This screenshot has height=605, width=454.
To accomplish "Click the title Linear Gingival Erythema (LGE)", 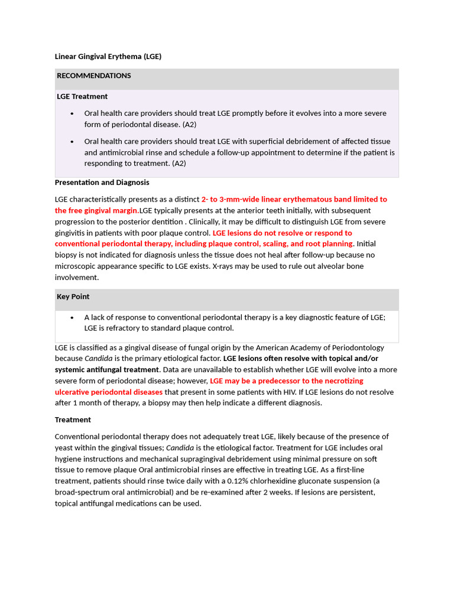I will [x=108, y=57].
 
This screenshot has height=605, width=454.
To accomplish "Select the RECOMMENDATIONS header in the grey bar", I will [x=94, y=76].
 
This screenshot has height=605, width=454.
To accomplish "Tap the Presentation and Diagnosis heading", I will [x=102, y=183].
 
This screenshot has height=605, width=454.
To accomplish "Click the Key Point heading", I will [x=73, y=297].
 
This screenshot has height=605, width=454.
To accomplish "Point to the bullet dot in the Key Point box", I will [x=72, y=317].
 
